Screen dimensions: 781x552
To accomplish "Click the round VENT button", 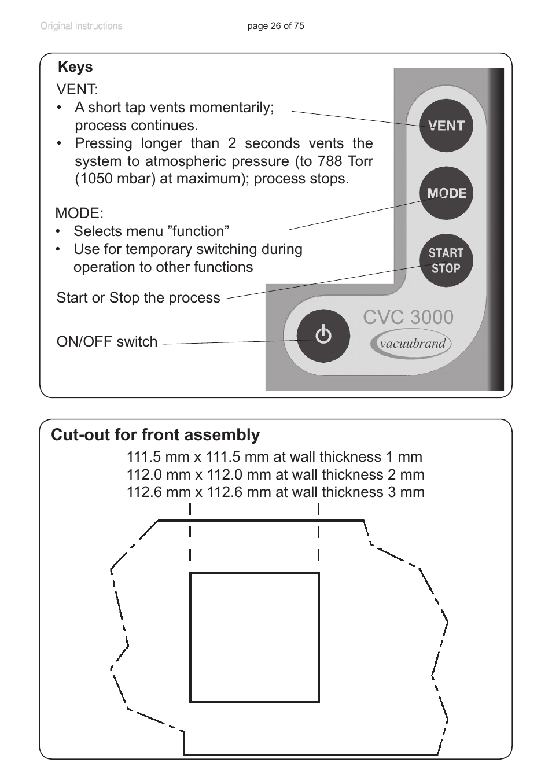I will pos(446,126).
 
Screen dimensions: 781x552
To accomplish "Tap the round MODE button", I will pos(446,193).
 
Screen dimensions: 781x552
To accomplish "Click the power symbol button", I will pos(323,336).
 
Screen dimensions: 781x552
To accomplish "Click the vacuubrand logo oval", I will pos(411,344).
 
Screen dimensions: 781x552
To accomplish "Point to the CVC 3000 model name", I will pos(408,317).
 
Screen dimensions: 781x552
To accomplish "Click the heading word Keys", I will pos(75,67).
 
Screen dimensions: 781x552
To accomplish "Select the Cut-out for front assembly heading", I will pos(155,435).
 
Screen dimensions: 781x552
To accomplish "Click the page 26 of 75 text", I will pos(275,26).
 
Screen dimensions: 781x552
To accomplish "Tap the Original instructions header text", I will pos(81,26).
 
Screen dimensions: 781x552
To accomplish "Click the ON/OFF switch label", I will pos(107,342).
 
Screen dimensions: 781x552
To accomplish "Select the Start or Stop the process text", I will pos(138,298).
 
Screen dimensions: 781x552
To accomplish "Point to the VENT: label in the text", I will pos(77,90).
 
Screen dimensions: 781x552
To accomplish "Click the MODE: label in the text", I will pos(79,213).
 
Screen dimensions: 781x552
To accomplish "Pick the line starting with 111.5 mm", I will pos(274,457).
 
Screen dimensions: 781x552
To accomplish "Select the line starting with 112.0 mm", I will pos(275,475).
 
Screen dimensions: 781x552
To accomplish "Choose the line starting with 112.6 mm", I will pos(275,492).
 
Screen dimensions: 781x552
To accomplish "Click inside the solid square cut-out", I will pos(255,638).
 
